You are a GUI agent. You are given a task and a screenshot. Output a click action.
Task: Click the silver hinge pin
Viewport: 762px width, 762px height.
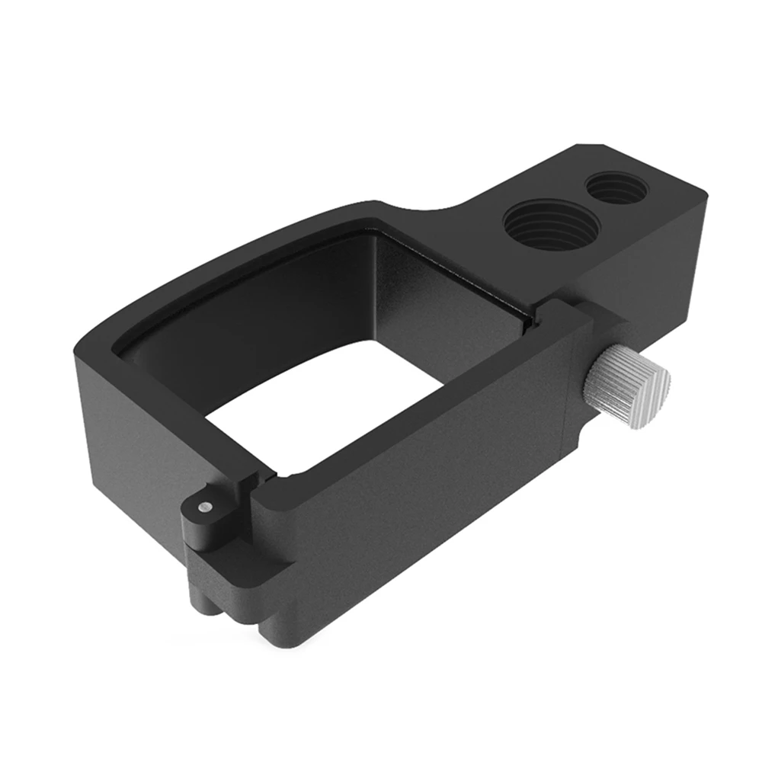pyautogui.click(x=203, y=507)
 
